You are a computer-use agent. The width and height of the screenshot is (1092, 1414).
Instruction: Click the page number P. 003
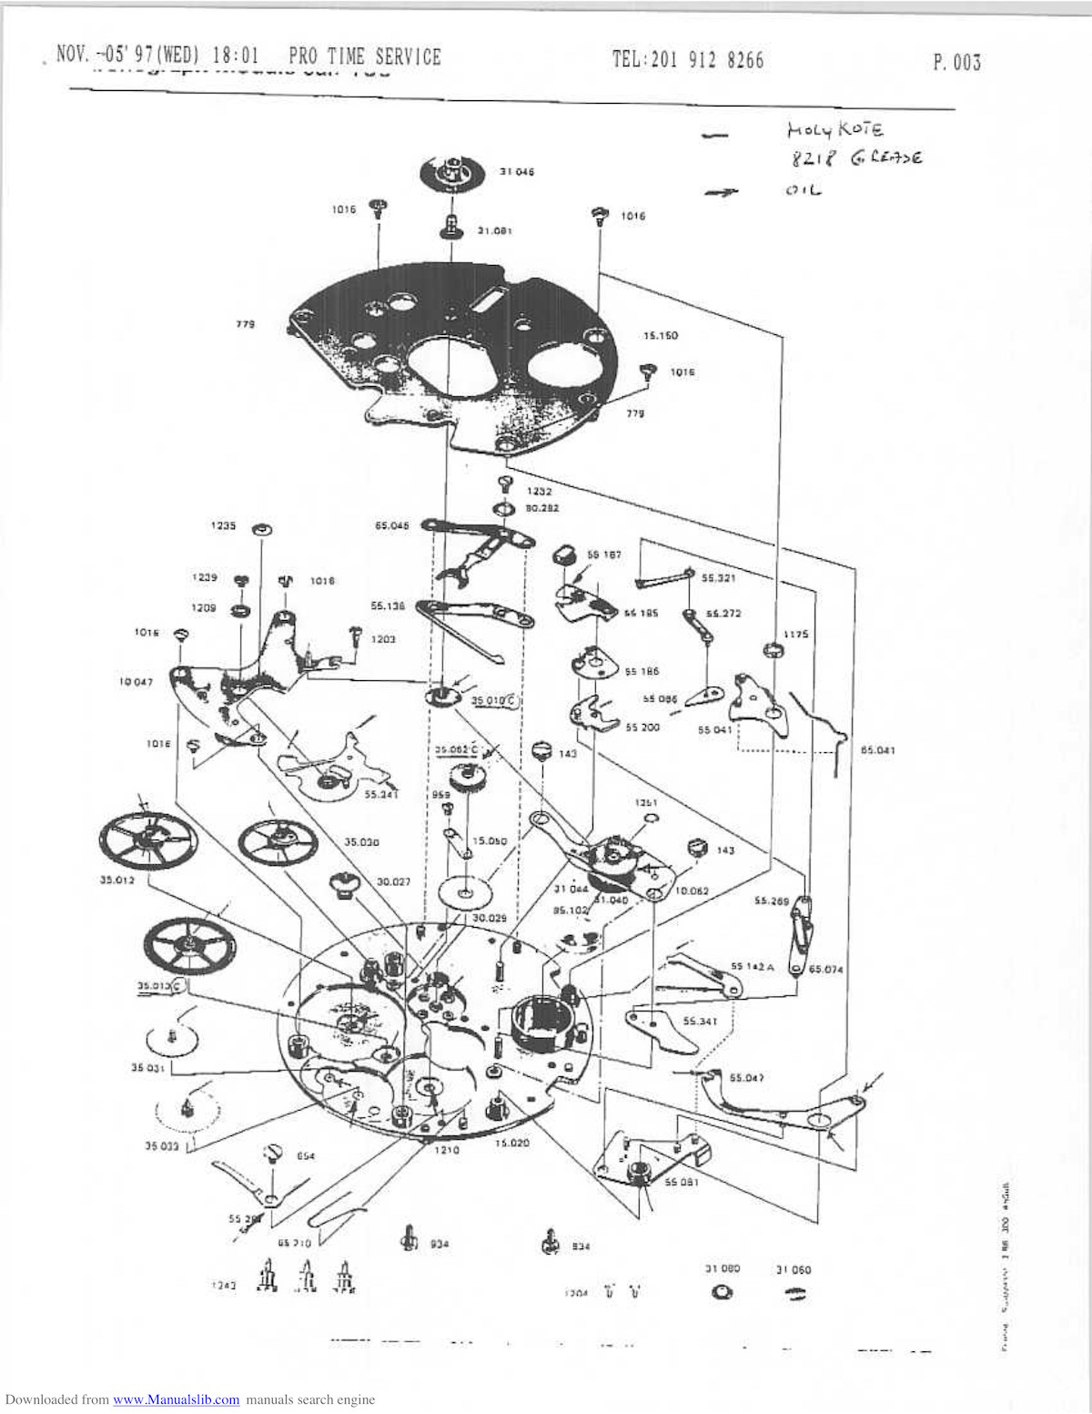(956, 63)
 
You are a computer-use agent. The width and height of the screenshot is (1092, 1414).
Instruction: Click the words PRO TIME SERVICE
(364, 57)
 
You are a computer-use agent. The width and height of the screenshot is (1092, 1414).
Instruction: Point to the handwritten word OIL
(802, 190)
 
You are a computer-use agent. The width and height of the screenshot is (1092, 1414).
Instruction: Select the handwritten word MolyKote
(829, 131)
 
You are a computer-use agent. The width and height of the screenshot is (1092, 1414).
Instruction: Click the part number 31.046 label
(517, 172)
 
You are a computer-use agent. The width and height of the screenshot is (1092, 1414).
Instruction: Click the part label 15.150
(661, 336)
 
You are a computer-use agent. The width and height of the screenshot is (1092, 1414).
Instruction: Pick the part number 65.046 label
(392, 525)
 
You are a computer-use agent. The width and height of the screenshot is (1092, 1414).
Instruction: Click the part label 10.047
(136, 682)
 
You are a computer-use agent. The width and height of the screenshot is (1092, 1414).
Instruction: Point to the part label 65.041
(878, 751)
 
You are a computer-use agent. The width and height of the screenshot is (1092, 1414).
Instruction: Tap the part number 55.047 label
(746, 1078)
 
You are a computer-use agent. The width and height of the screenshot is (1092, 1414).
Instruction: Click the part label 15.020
(512, 1143)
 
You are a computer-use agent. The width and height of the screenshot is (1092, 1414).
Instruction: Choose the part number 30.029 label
(488, 919)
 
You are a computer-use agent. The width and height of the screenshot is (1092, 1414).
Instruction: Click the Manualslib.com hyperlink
(177, 1400)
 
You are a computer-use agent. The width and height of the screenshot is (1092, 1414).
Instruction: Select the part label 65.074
(826, 970)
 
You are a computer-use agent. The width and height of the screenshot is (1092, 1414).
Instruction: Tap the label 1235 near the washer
(224, 526)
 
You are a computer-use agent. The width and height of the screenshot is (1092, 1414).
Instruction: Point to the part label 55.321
(719, 579)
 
